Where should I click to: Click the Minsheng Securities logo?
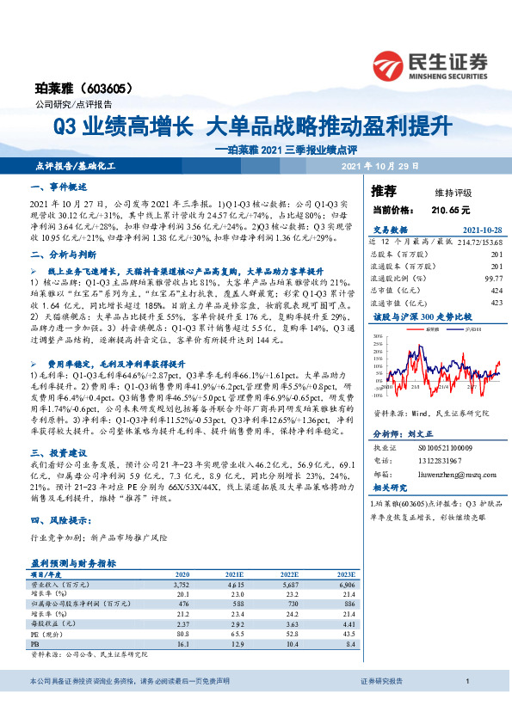click(429, 63)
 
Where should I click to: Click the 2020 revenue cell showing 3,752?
click(183, 582)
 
